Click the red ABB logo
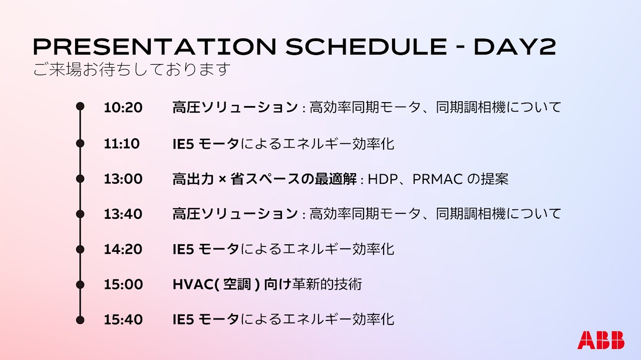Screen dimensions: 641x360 tap(601, 340)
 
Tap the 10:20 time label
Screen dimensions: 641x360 tap(123, 108)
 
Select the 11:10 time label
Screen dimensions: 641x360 tap(122, 143)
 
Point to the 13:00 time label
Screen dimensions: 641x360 tap(123, 179)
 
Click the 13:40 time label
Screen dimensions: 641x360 tap(123, 214)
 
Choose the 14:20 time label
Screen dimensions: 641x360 tap(123, 249)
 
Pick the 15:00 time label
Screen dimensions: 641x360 tap(123, 284)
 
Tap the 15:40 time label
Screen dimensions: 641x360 tap(123, 319)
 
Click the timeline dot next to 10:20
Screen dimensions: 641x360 tap(80, 107)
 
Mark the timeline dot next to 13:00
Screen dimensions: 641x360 tap(80, 179)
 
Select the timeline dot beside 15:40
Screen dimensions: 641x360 tap(80, 320)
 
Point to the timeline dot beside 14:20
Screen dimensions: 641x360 tap(80, 249)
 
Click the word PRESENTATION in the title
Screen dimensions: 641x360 tap(155, 47)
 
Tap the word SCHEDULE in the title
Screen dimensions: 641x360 tap(366, 47)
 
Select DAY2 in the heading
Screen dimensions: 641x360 tap(515, 47)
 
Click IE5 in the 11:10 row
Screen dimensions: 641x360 tap(183, 144)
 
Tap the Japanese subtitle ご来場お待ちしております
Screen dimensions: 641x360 tap(132, 69)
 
